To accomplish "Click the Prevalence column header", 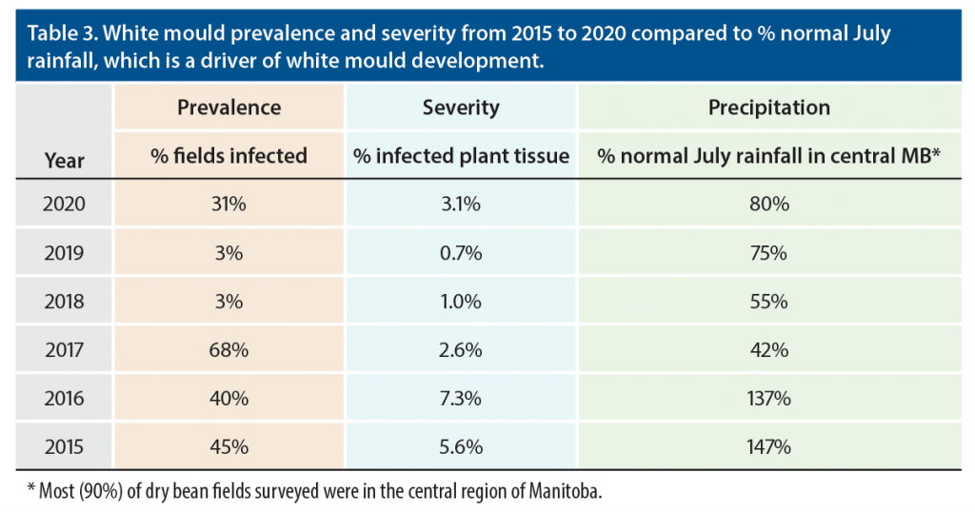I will click(x=229, y=108).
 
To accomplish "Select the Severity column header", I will click(x=461, y=108).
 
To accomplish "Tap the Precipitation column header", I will click(x=769, y=108).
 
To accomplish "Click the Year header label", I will click(x=65, y=161).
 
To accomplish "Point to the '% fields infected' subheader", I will click(x=229, y=155).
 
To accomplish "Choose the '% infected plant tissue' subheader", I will click(x=461, y=155).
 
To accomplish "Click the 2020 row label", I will click(x=65, y=204).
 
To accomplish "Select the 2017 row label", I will click(x=65, y=349).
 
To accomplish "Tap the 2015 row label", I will click(x=65, y=446).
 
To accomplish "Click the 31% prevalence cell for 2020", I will click(x=229, y=204).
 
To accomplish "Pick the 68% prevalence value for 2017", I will click(x=229, y=349).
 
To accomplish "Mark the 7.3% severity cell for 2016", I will click(x=461, y=398).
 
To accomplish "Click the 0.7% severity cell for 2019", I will click(x=461, y=252).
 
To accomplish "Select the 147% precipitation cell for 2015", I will click(x=769, y=446).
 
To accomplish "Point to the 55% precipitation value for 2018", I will click(x=769, y=301).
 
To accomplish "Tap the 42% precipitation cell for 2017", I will click(x=769, y=349).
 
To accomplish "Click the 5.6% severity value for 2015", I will click(x=461, y=446).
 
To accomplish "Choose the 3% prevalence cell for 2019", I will click(x=229, y=252).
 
